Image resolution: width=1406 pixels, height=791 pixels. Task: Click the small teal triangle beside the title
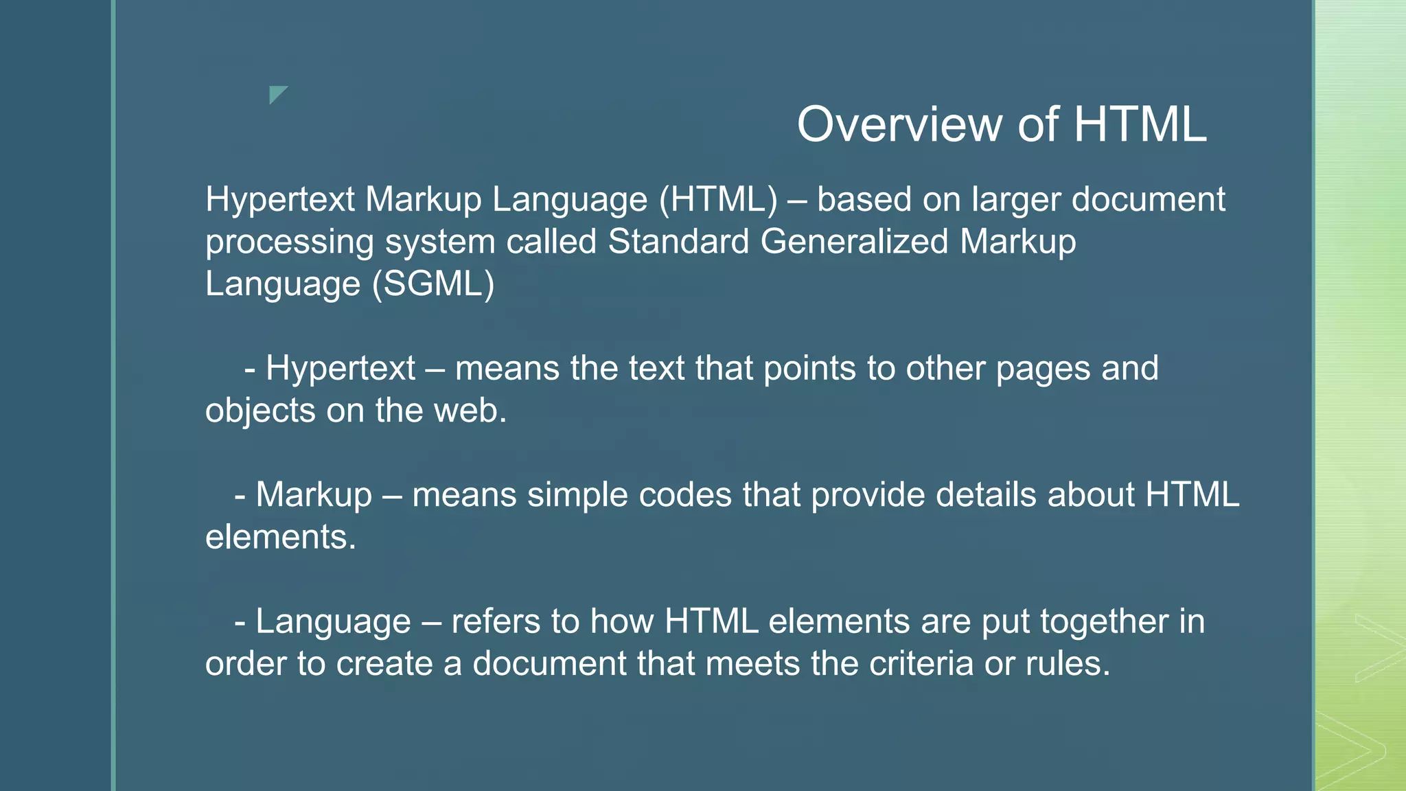pos(277,93)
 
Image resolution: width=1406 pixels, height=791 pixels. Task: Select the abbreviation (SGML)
pos(433,284)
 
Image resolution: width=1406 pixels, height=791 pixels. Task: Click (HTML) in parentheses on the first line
pos(718,200)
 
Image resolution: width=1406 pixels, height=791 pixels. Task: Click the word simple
pos(577,496)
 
